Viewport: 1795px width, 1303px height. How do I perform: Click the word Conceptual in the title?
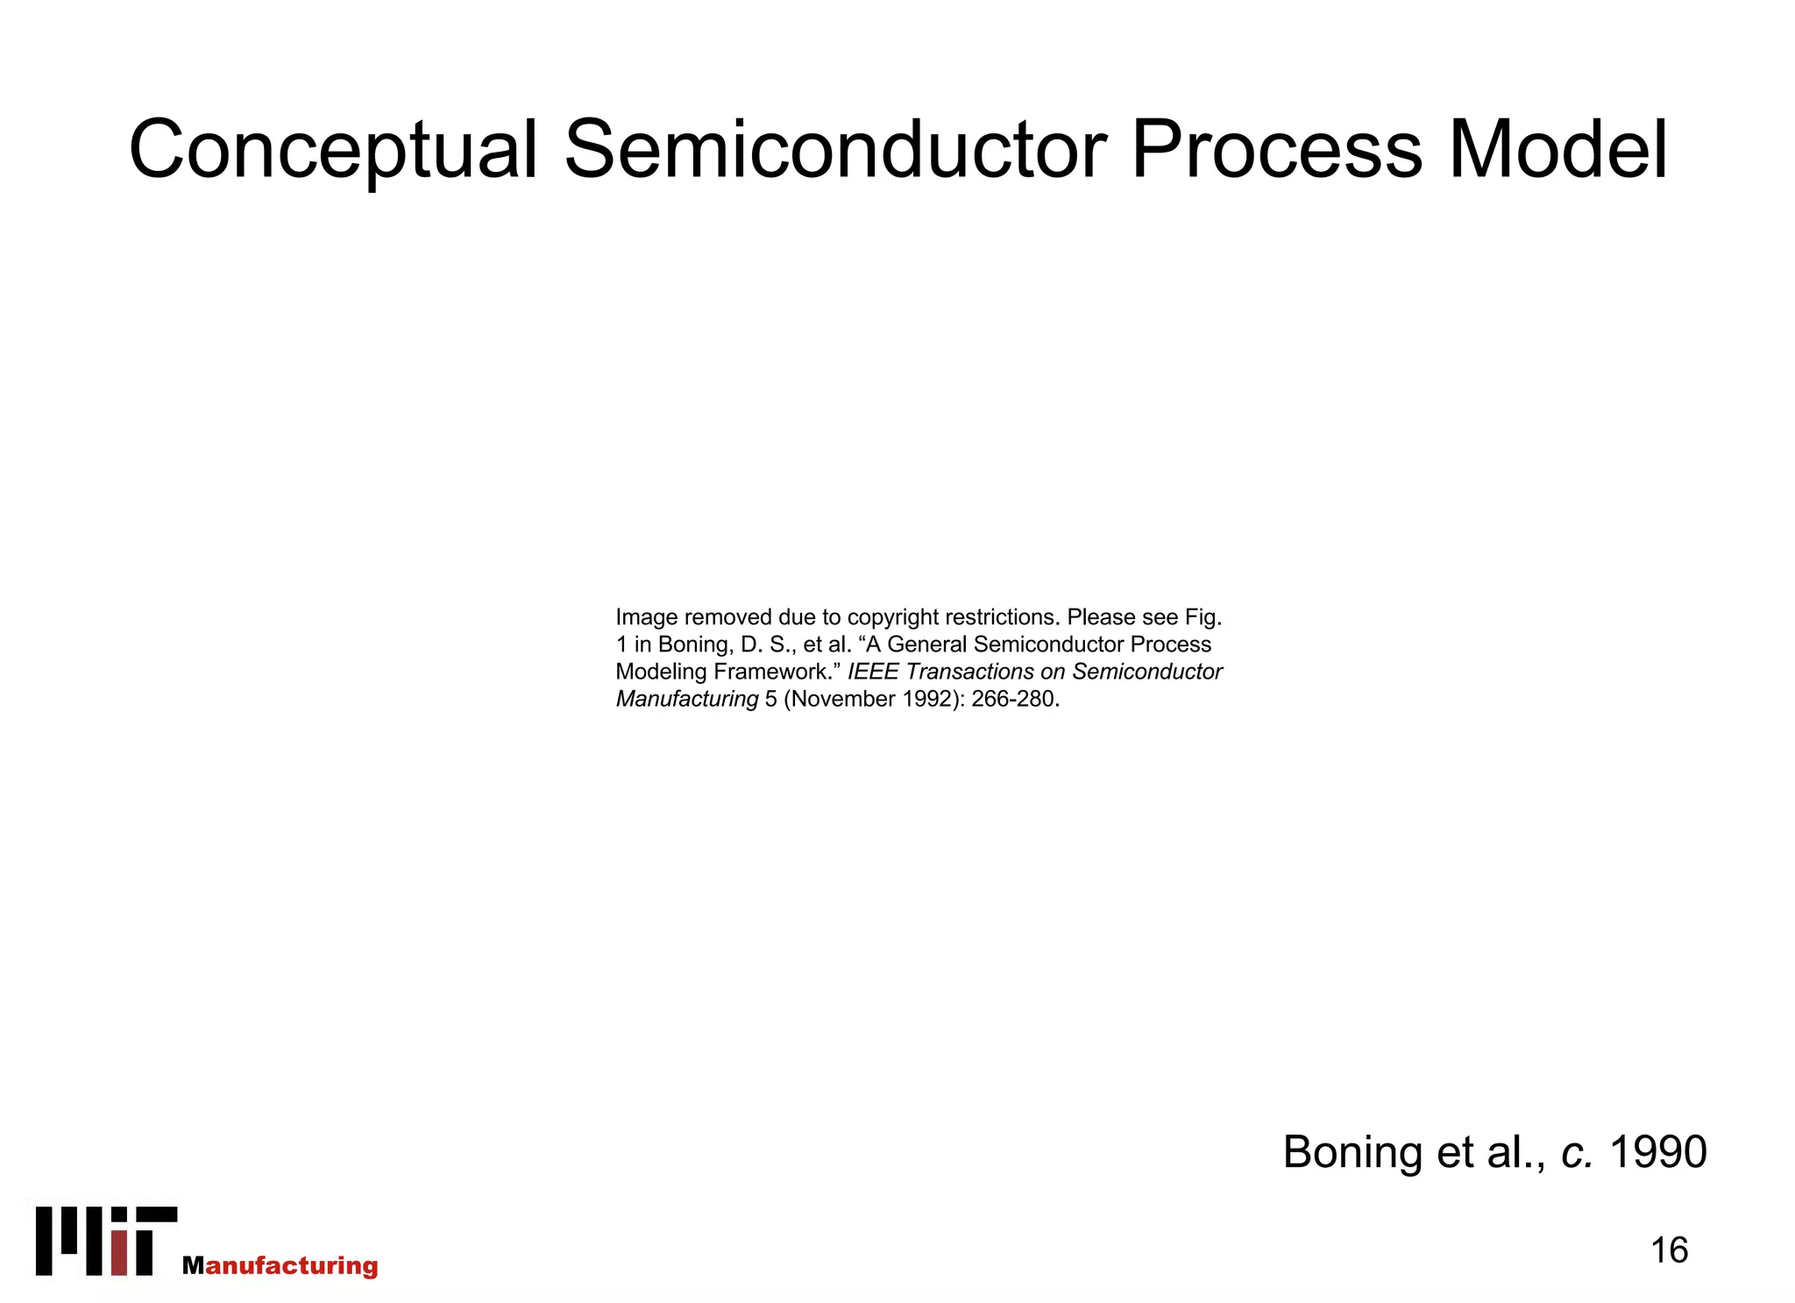[x=333, y=151]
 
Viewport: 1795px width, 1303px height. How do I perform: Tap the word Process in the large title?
[x=1276, y=151]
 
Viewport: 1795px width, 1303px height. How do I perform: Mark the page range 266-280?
[x=1014, y=699]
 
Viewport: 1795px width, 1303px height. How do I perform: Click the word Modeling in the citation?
[x=661, y=672]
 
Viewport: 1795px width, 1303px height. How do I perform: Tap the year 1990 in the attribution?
[x=1658, y=1151]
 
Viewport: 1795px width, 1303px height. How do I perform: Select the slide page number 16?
[x=1669, y=1250]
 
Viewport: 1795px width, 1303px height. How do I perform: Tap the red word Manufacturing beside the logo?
[x=280, y=1265]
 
